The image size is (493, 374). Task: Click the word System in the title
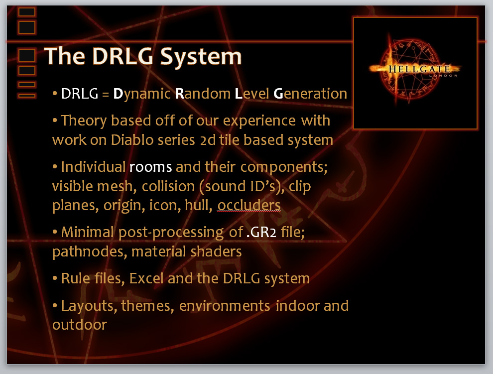tap(201, 57)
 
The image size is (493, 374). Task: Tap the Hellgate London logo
tap(415, 73)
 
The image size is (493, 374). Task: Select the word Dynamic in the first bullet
tap(142, 94)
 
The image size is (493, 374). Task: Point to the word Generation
tap(310, 94)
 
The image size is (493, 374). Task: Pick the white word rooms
tap(150, 167)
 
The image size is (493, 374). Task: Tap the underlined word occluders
tap(249, 205)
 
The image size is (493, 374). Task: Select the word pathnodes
tap(90, 251)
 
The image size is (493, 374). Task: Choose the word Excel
tap(146, 278)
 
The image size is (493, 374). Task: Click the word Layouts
tap(89, 306)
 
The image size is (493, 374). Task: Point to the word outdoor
tap(80, 325)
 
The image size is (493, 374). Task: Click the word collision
tap(168, 186)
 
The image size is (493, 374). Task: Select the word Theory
tap(84, 121)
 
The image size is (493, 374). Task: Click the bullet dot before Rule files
tap(55, 278)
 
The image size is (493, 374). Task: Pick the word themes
tap(147, 306)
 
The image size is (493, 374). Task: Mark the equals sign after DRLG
tap(106, 94)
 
